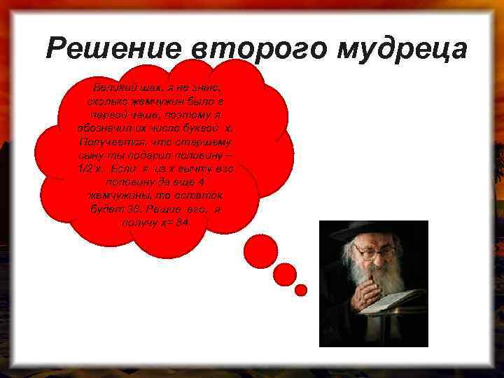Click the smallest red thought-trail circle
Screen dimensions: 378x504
pos(301,289)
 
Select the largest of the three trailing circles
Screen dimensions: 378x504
pos(264,246)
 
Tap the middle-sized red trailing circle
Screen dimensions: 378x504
pos(284,274)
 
